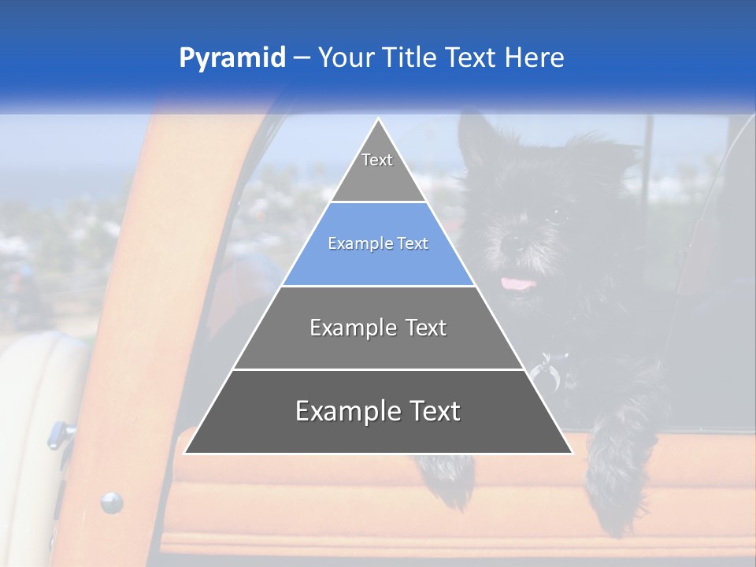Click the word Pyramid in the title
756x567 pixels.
[x=232, y=58]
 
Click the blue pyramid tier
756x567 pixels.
[x=378, y=244]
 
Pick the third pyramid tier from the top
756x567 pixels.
[x=378, y=328]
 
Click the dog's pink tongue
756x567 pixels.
[x=517, y=282]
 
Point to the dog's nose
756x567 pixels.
[x=512, y=244]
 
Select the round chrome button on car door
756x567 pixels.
[x=111, y=502]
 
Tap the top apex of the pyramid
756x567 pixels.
[x=378, y=123]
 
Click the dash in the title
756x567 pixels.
[x=302, y=58]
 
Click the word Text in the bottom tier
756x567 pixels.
[x=429, y=412]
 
